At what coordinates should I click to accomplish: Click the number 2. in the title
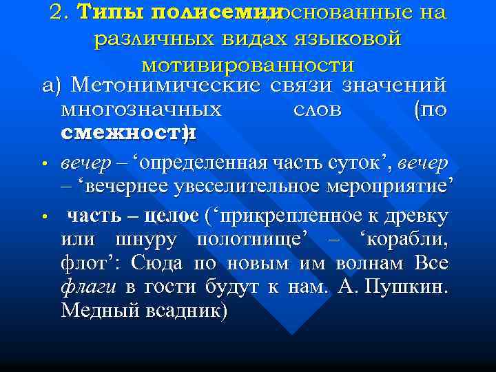coord(60,12)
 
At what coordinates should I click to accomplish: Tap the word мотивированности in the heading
coord(247,65)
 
